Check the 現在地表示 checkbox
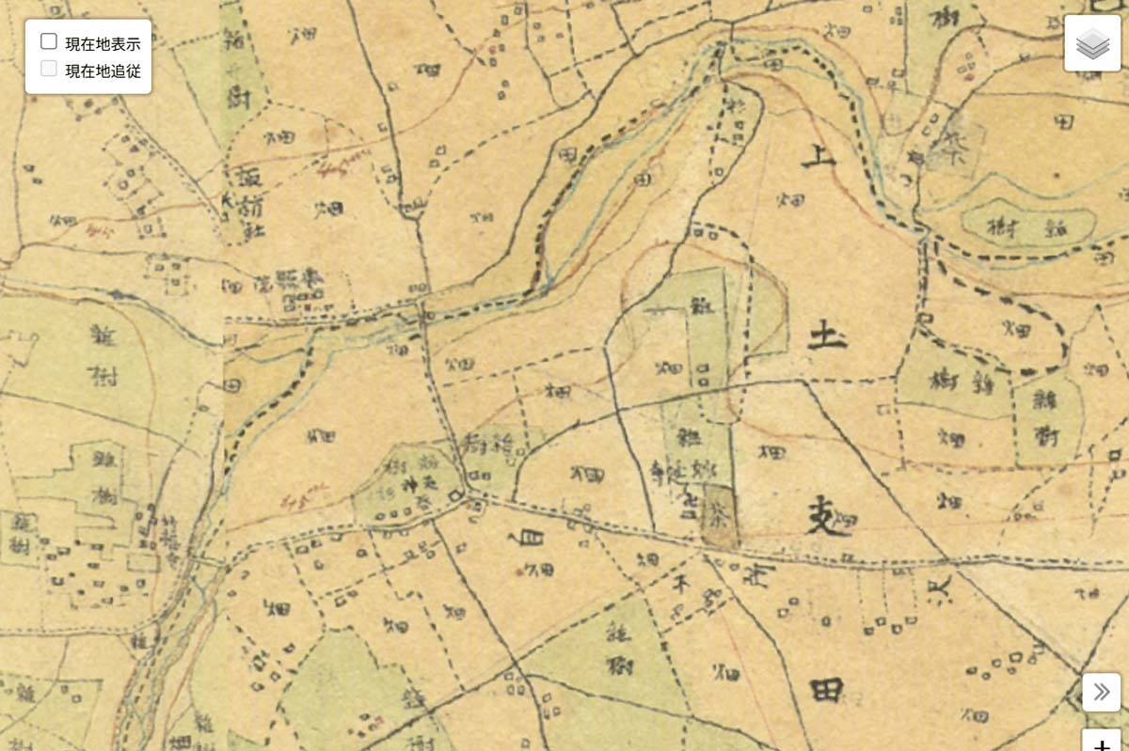pos(49,41)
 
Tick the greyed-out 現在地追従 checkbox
pos(49,69)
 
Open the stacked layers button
pos(1091,43)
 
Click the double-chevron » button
pos(1101,693)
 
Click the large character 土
pos(827,334)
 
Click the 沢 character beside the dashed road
pos(941,589)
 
